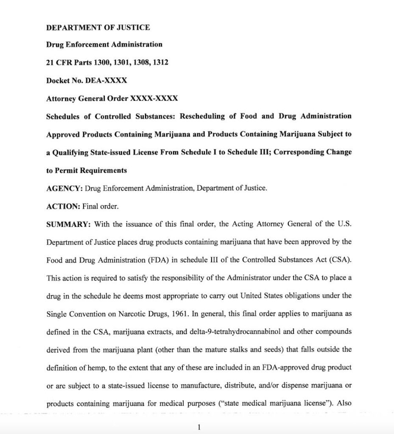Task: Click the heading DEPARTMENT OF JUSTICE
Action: [x=98, y=28]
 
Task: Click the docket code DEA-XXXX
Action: [x=106, y=80]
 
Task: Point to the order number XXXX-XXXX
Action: [x=154, y=98]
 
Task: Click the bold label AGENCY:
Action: [x=64, y=188]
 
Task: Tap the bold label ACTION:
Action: [x=63, y=206]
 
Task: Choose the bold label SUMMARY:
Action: [x=68, y=224]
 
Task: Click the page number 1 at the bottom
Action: [x=198, y=427]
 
